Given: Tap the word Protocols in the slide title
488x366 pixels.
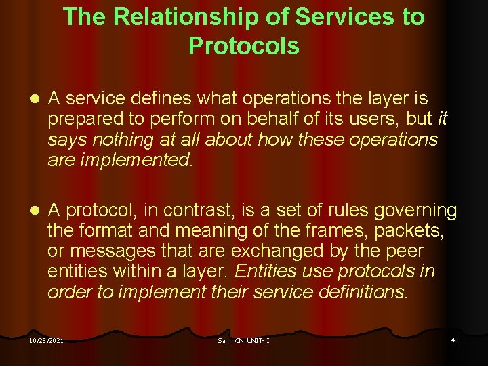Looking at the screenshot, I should pos(244,45).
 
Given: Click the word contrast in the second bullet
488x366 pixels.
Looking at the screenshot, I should pos(216,211).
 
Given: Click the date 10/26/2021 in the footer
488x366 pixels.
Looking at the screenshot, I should pos(47,340).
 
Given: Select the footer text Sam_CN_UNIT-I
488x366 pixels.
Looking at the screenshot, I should pos(244,340).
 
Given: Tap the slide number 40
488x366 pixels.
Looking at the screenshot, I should pos(454,339).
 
